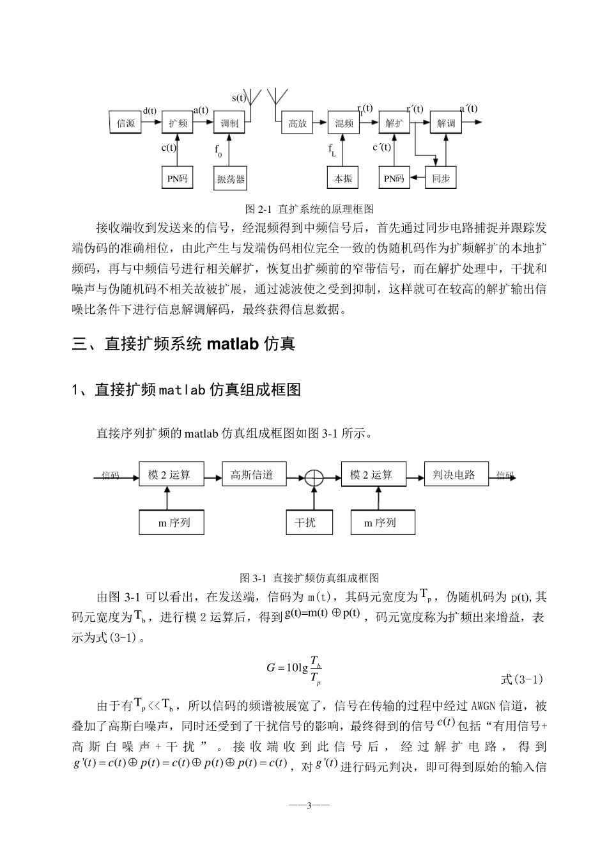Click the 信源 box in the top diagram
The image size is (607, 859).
(126, 123)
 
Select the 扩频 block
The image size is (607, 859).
(178, 123)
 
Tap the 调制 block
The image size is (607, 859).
(229, 123)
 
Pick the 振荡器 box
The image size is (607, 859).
(231, 179)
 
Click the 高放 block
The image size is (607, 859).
(298, 123)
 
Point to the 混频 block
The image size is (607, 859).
(344, 123)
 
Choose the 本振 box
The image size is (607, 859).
(343, 178)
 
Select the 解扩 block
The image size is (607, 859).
(394, 123)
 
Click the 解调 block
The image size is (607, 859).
(446, 123)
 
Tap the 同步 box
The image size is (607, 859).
(441, 178)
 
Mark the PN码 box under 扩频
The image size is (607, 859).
(177, 178)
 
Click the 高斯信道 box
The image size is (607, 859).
(254, 475)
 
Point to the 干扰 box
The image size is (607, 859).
(305, 522)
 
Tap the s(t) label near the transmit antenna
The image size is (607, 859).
(239, 98)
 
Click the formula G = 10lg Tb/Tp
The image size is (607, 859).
(294, 667)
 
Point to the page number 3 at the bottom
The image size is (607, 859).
(309, 805)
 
